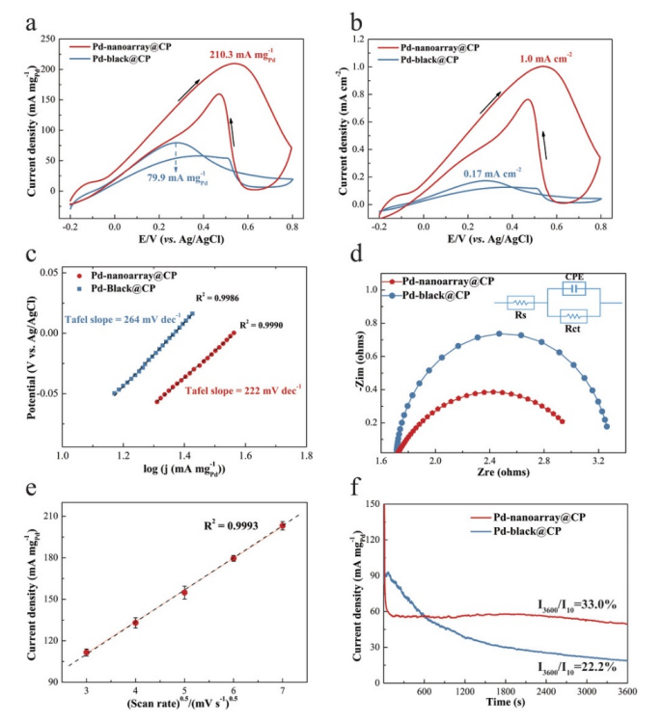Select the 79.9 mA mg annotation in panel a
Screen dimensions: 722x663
(x=180, y=178)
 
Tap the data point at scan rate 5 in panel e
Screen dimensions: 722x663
(x=184, y=593)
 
